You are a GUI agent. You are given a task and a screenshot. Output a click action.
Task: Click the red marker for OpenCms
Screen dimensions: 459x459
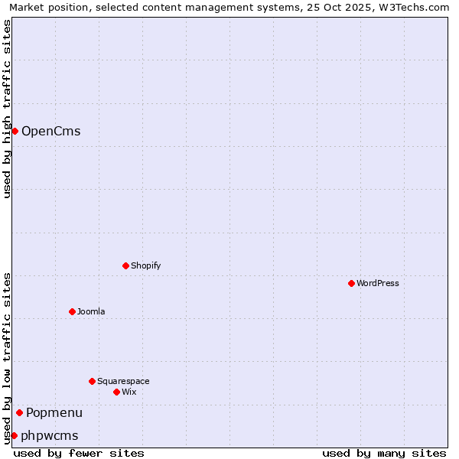pyautogui.click(x=15, y=131)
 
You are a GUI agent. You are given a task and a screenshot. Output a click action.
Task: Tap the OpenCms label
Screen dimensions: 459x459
pyautogui.click(x=50, y=132)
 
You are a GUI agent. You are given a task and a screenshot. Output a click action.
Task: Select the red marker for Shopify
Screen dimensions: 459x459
pyautogui.click(x=125, y=265)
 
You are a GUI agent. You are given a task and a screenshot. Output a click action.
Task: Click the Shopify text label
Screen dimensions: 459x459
pyautogui.click(x=145, y=266)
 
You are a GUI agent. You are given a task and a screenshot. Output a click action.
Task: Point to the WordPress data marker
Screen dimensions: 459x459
pyautogui.click(x=351, y=283)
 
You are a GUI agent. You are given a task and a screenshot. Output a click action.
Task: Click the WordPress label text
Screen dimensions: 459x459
pyautogui.click(x=377, y=284)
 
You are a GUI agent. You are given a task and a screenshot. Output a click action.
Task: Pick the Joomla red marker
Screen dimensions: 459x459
pyautogui.click(x=72, y=311)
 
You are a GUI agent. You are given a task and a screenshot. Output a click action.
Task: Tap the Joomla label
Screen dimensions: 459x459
pyautogui.click(x=91, y=312)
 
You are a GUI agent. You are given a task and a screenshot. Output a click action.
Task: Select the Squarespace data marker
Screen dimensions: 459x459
pyautogui.click(x=92, y=381)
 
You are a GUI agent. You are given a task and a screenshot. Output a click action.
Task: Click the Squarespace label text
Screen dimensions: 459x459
pyautogui.click(x=123, y=382)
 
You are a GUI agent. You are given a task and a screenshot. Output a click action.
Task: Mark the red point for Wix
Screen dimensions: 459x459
pyautogui.click(x=116, y=392)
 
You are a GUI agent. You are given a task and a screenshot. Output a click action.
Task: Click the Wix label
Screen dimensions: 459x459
pyautogui.click(x=129, y=392)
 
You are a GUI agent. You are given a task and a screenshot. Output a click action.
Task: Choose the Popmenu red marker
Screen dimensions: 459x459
pyautogui.click(x=19, y=413)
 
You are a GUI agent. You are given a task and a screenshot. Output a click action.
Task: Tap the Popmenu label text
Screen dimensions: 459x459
pyautogui.click(x=54, y=413)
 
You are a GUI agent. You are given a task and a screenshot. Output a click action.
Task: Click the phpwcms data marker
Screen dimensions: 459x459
pyautogui.click(x=14, y=435)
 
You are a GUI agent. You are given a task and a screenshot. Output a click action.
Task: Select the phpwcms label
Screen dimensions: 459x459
pyautogui.click(x=50, y=436)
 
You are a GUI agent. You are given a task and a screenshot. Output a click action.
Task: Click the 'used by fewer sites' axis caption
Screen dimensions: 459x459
pyautogui.click(x=79, y=454)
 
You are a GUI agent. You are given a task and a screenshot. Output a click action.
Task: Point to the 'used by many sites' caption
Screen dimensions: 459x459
pyautogui.click(x=384, y=454)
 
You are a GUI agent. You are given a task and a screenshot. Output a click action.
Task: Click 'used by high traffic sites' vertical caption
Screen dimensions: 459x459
pyautogui.click(x=7, y=109)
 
